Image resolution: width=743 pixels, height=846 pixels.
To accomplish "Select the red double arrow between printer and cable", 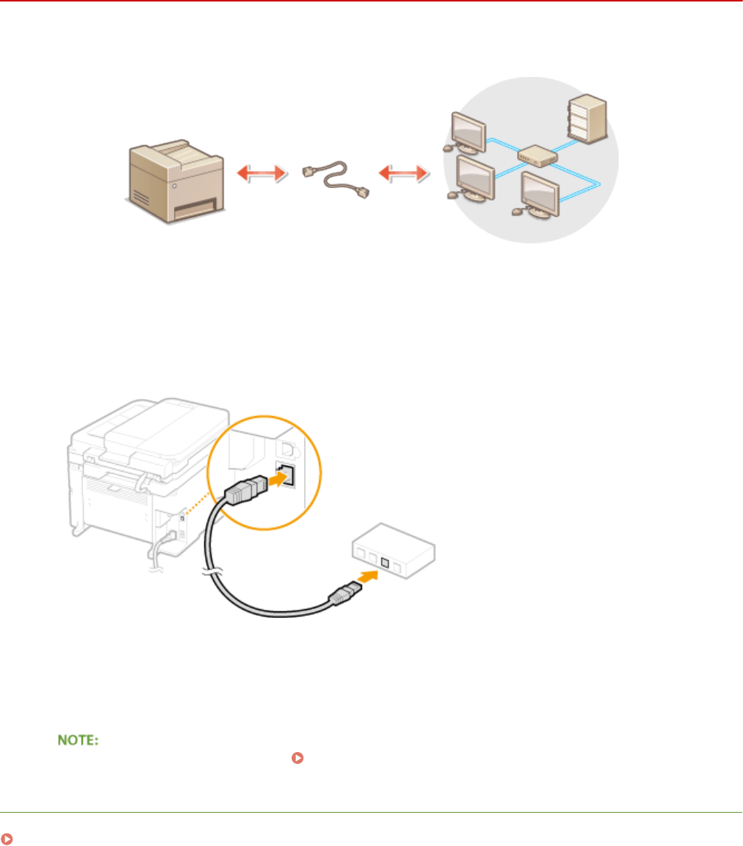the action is click(x=260, y=173).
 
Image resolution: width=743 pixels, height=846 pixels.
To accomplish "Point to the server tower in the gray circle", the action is click(x=589, y=118).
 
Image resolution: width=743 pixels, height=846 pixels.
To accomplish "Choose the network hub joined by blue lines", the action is click(x=535, y=155).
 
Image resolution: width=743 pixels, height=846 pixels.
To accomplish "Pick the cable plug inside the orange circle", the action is click(x=243, y=490).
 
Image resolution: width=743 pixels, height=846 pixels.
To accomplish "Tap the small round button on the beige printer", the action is click(x=175, y=188).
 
